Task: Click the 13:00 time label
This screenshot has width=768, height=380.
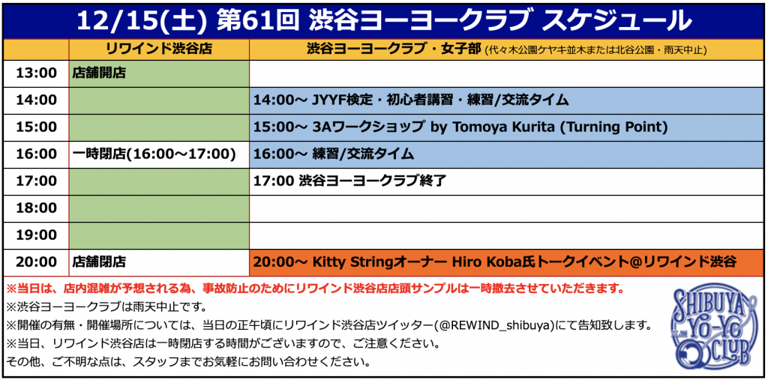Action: (36, 73)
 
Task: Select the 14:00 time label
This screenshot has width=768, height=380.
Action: (36, 100)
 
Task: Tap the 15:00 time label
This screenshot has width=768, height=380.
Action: (36, 127)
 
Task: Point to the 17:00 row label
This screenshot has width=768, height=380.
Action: (36, 181)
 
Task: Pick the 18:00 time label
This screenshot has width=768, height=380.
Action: (36, 208)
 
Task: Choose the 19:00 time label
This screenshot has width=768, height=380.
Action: (36, 235)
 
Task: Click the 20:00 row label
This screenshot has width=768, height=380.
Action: (36, 262)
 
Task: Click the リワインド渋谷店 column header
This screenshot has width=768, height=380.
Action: (159, 49)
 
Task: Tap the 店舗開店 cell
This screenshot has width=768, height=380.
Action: (99, 73)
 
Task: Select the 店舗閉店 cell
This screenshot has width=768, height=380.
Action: (99, 262)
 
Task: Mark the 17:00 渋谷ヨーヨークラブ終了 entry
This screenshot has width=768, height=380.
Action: (349, 181)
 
